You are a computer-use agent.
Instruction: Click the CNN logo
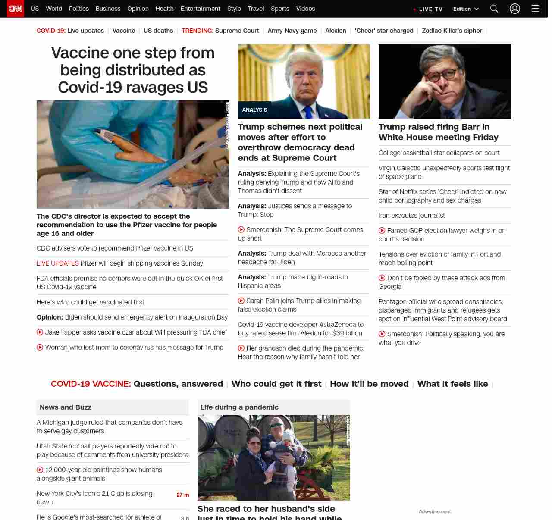[16, 9]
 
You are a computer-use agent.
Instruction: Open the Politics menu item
[78, 9]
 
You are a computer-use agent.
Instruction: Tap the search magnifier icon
[494, 9]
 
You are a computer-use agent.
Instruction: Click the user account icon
[515, 9]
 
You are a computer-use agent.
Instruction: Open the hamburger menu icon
[536, 9]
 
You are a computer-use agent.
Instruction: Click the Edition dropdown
[466, 9]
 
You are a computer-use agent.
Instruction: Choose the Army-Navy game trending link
[292, 31]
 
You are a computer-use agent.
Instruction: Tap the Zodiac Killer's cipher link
[452, 31]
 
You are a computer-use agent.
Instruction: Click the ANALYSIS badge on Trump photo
[254, 110]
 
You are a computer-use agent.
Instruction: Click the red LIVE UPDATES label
[57, 263]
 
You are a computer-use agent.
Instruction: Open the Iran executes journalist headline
[411, 216]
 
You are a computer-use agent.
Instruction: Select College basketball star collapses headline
[439, 153]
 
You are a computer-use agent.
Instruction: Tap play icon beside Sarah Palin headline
[241, 301]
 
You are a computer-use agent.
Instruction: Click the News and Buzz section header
[66, 407]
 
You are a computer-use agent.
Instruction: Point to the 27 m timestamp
[183, 495]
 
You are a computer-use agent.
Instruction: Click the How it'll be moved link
[369, 384]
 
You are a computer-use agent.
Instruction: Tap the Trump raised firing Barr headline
[438, 132]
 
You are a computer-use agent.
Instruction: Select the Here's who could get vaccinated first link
[91, 302]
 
